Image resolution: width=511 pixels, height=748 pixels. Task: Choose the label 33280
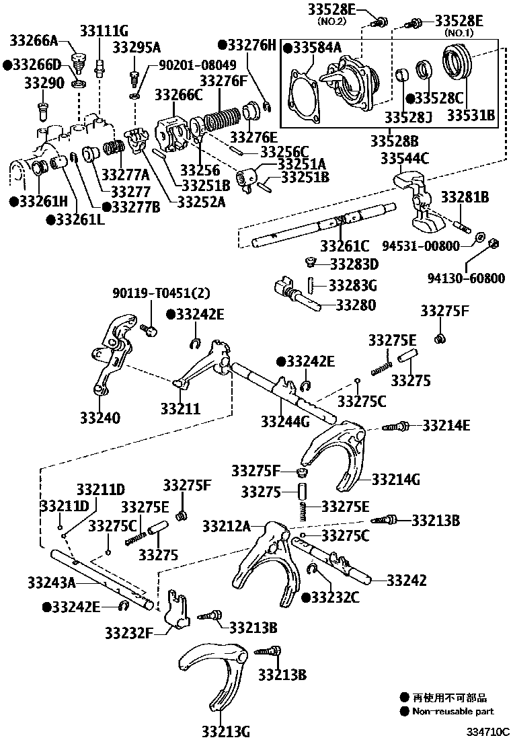(x=356, y=305)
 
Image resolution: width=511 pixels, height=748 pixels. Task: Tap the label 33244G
(x=285, y=422)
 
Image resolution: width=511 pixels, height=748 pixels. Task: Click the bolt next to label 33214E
(x=395, y=426)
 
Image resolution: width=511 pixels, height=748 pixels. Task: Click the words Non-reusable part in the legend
(x=453, y=711)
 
